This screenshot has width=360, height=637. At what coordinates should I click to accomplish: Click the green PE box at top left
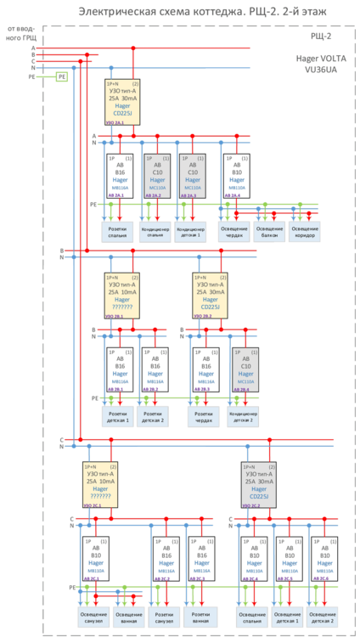(x=61, y=76)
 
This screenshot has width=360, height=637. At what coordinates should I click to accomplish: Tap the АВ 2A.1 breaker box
(x=119, y=176)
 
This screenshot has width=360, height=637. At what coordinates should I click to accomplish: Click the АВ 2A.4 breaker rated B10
(x=237, y=176)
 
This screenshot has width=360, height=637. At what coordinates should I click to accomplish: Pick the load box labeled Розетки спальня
(x=119, y=231)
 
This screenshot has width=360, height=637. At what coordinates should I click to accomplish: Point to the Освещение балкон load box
(x=270, y=231)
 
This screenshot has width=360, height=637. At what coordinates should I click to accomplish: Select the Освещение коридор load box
(x=306, y=231)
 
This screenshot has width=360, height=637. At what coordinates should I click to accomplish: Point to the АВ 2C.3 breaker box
(x=202, y=558)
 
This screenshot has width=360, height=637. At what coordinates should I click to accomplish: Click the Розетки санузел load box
(x=166, y=616)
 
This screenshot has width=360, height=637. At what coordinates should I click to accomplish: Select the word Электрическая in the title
(x=114, y=11)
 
